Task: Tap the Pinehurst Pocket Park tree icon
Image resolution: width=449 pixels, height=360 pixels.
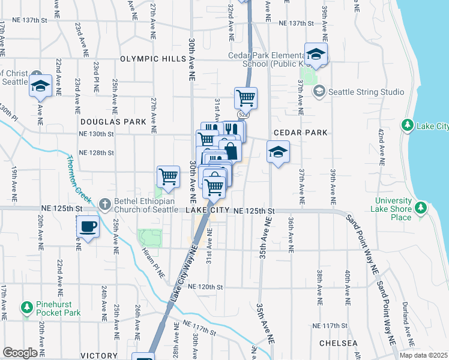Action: pyautogui.click(x=27, y=308)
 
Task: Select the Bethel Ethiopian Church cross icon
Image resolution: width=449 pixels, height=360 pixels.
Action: pyautogui.click(x=104, y=204)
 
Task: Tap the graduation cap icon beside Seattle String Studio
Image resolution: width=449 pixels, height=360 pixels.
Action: pyautogui.click(x=319, y=91)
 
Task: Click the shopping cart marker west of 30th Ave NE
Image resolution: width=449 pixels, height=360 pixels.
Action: pyautogui.click(x=169, y=176)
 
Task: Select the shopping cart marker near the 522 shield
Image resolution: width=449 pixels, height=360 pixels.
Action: pyautogui.click(x=246, y=97)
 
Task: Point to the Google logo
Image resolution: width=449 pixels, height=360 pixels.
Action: pyautogui.click(x=20, y=353)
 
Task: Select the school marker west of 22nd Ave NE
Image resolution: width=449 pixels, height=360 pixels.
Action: pyautogui.click(x=40, y=85)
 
